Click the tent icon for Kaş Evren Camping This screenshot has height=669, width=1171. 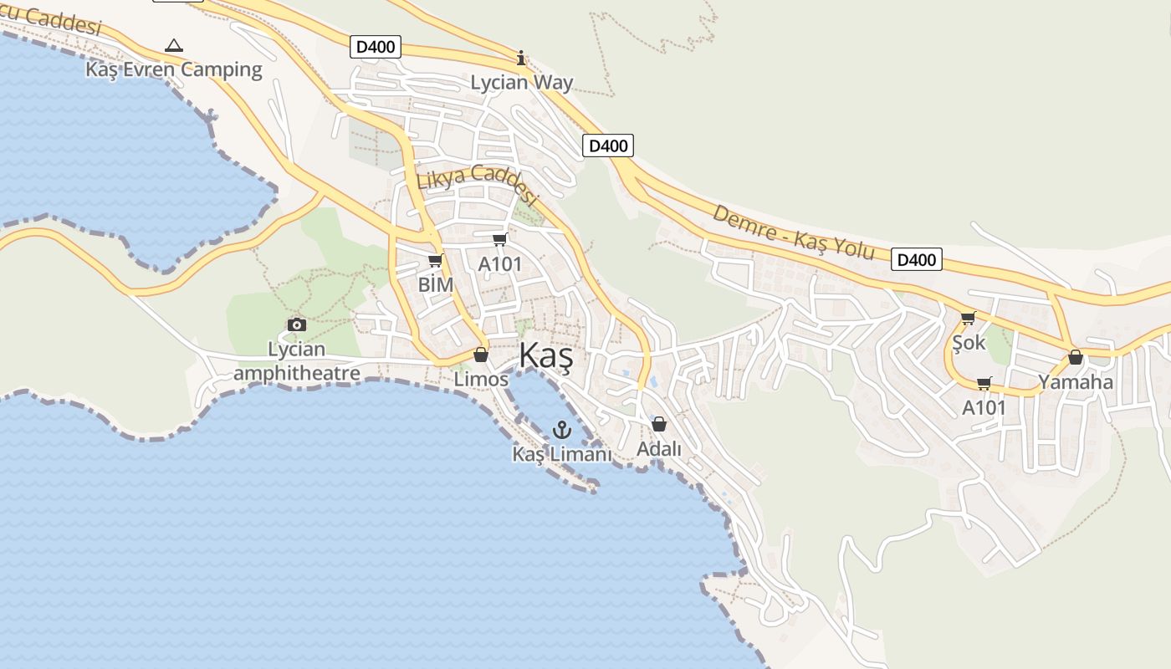click(x=173, y=45)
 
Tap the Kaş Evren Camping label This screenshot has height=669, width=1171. click(x=174, y=69)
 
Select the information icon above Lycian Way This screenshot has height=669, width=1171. click(x=521, y=58)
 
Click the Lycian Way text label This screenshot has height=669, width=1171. click(x=521, y=82)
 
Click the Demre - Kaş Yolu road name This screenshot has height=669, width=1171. click(x=792, y=232)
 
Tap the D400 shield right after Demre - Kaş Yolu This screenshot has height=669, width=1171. click(x=916, y=259)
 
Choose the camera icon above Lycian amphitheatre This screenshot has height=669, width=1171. click(x=296, y=324)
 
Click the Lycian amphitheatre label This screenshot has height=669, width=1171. click(x=297, y=361)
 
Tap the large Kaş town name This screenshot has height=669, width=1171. click(x=545, y=356)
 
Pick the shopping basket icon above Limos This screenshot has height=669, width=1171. click(x=481, y=355)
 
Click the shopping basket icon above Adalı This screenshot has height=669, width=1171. click(x=659, y=424)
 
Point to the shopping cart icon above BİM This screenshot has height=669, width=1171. click(x=435, y=261)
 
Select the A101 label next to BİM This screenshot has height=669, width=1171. click(x=499, y=264)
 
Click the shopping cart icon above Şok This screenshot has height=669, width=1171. click(x=968, y=318)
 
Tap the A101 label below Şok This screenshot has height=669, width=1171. click(x=984, y=407)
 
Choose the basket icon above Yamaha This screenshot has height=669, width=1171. click(x=1076, y=358)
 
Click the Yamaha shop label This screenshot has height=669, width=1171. click(x=1076, y=382)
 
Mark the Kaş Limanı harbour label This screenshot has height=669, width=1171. click(x=562, y=454)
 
